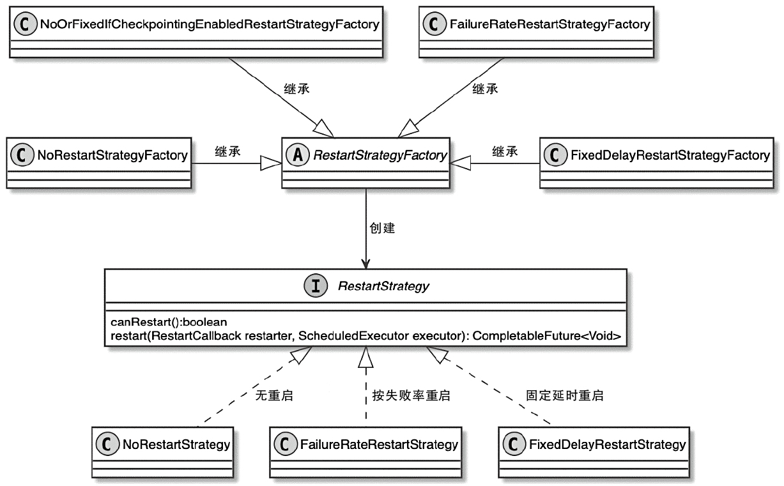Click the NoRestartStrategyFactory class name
tap(112, 155)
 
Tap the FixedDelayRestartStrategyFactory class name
tap(669, 155)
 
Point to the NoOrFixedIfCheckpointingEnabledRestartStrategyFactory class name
tap(209, 25)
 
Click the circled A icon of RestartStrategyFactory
tap(296, 155)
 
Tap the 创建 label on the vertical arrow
tap(382, 228)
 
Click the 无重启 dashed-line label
tap(274, 396)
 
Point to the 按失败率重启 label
tap(411, 396)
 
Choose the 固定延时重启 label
tap(564, 396)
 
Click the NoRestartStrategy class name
tap(176, 444)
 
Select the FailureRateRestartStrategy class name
tap(379, 444)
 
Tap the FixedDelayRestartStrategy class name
tap(607, 444)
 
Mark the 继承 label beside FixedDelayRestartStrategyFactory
tap(505, 151)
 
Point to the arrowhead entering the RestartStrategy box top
tap(365, 263)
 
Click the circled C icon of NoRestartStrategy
tap(108, 444)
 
